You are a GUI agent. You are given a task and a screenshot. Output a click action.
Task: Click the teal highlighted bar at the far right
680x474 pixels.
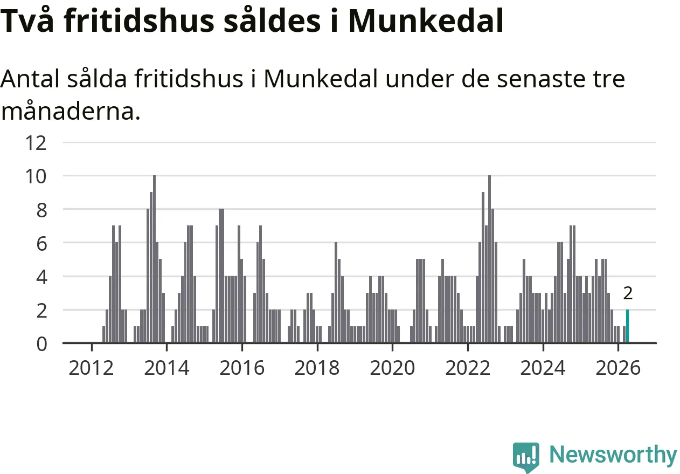pyautogui.click(x=628, y=326)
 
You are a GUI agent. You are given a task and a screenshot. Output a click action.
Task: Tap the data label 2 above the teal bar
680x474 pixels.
pyautogui.click(x=628, y=293)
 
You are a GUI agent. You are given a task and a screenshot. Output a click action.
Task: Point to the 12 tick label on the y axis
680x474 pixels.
pyautogui.click(x=36, y=143)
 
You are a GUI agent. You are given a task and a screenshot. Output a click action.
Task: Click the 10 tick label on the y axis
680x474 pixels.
pyautogui.click(x=36, y=176)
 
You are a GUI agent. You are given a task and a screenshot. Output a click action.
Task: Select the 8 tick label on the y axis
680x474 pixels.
pyautogui.click(x=41, y=210)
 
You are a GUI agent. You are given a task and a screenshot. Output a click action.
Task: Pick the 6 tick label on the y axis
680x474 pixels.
pyautogui.click(x=41, y=244)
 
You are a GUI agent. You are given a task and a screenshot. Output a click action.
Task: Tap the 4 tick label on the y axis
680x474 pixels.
pyautogui.click(x=41, y=278)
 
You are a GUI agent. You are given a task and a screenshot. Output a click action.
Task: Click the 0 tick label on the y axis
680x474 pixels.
pyautogui.click(x=41, y=345)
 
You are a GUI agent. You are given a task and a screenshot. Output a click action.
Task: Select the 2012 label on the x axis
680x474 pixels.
pyautogui.click(x=92, y=368)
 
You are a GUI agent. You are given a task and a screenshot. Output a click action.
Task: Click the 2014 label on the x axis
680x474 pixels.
pyautogui.click(x=166, y=368)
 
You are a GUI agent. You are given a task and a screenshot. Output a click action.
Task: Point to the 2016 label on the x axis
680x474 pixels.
pyautogui.click(x=242, y=368)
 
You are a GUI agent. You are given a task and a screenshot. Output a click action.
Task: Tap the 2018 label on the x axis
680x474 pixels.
pyautogui.click(x=317, y=368)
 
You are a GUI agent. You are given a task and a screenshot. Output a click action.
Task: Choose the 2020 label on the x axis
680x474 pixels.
pyautogui.click(x=392, y=368)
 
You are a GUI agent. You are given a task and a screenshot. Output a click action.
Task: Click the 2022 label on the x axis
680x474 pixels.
pyautogui.click(x=468, y=368)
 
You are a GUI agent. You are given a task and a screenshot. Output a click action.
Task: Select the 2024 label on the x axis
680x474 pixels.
pyautogui.click(x=543, y=368)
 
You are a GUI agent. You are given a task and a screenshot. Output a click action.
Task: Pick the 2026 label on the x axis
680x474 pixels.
pyautogui.click(x=619, y=368)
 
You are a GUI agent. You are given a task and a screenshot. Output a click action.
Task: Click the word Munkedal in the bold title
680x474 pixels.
pyautogui.click(x=426, y=20)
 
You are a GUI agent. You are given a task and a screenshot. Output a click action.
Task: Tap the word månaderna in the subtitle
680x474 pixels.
pyautogui.click(x=71, y=111)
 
